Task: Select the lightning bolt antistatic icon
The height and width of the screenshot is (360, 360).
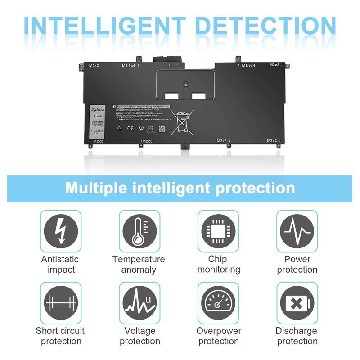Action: [x=61, y=231]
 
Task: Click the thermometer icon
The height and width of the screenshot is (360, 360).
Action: [x=139, y=231]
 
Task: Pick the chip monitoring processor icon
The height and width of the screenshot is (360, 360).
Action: [x=218, y=231]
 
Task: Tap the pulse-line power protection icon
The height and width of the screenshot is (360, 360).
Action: [x=297, y=231]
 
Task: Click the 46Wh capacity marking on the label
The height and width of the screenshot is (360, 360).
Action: [x=97, y=116]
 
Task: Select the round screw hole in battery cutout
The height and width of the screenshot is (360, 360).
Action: [x=185, y=84]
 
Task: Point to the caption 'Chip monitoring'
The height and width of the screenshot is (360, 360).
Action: [x=218, y=264]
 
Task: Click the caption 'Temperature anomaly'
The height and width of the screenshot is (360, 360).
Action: [x=139, y=264]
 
